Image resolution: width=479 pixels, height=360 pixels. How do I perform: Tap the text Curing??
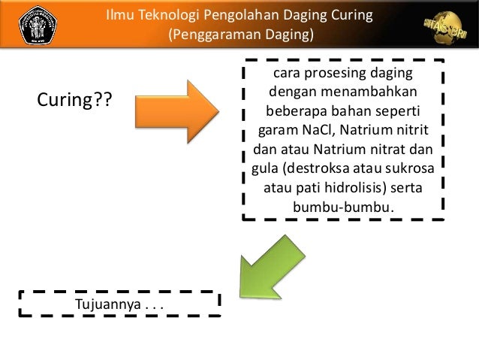coord(72,99)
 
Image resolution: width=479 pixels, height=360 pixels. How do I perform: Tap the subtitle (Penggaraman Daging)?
coord(239,35)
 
